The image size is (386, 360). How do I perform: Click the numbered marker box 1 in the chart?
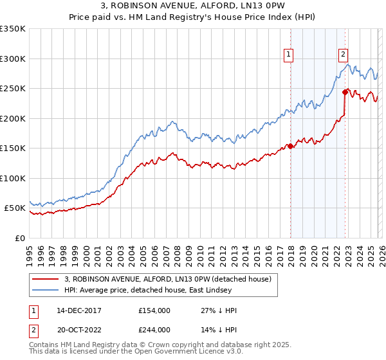pyautogui.click(x=289, y=55)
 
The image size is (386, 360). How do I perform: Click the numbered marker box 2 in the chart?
pyautogui.click(x=344, y=55)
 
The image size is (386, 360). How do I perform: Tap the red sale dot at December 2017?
pyautogui.click(x=290, y=146)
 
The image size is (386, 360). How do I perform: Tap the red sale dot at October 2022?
pyautogui.click(x=345, y=92)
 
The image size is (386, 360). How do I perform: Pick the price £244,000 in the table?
pyautogui.click(x=155, y=329)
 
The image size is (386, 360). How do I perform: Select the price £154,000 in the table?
pyautogui.click(x=155, y=310)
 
